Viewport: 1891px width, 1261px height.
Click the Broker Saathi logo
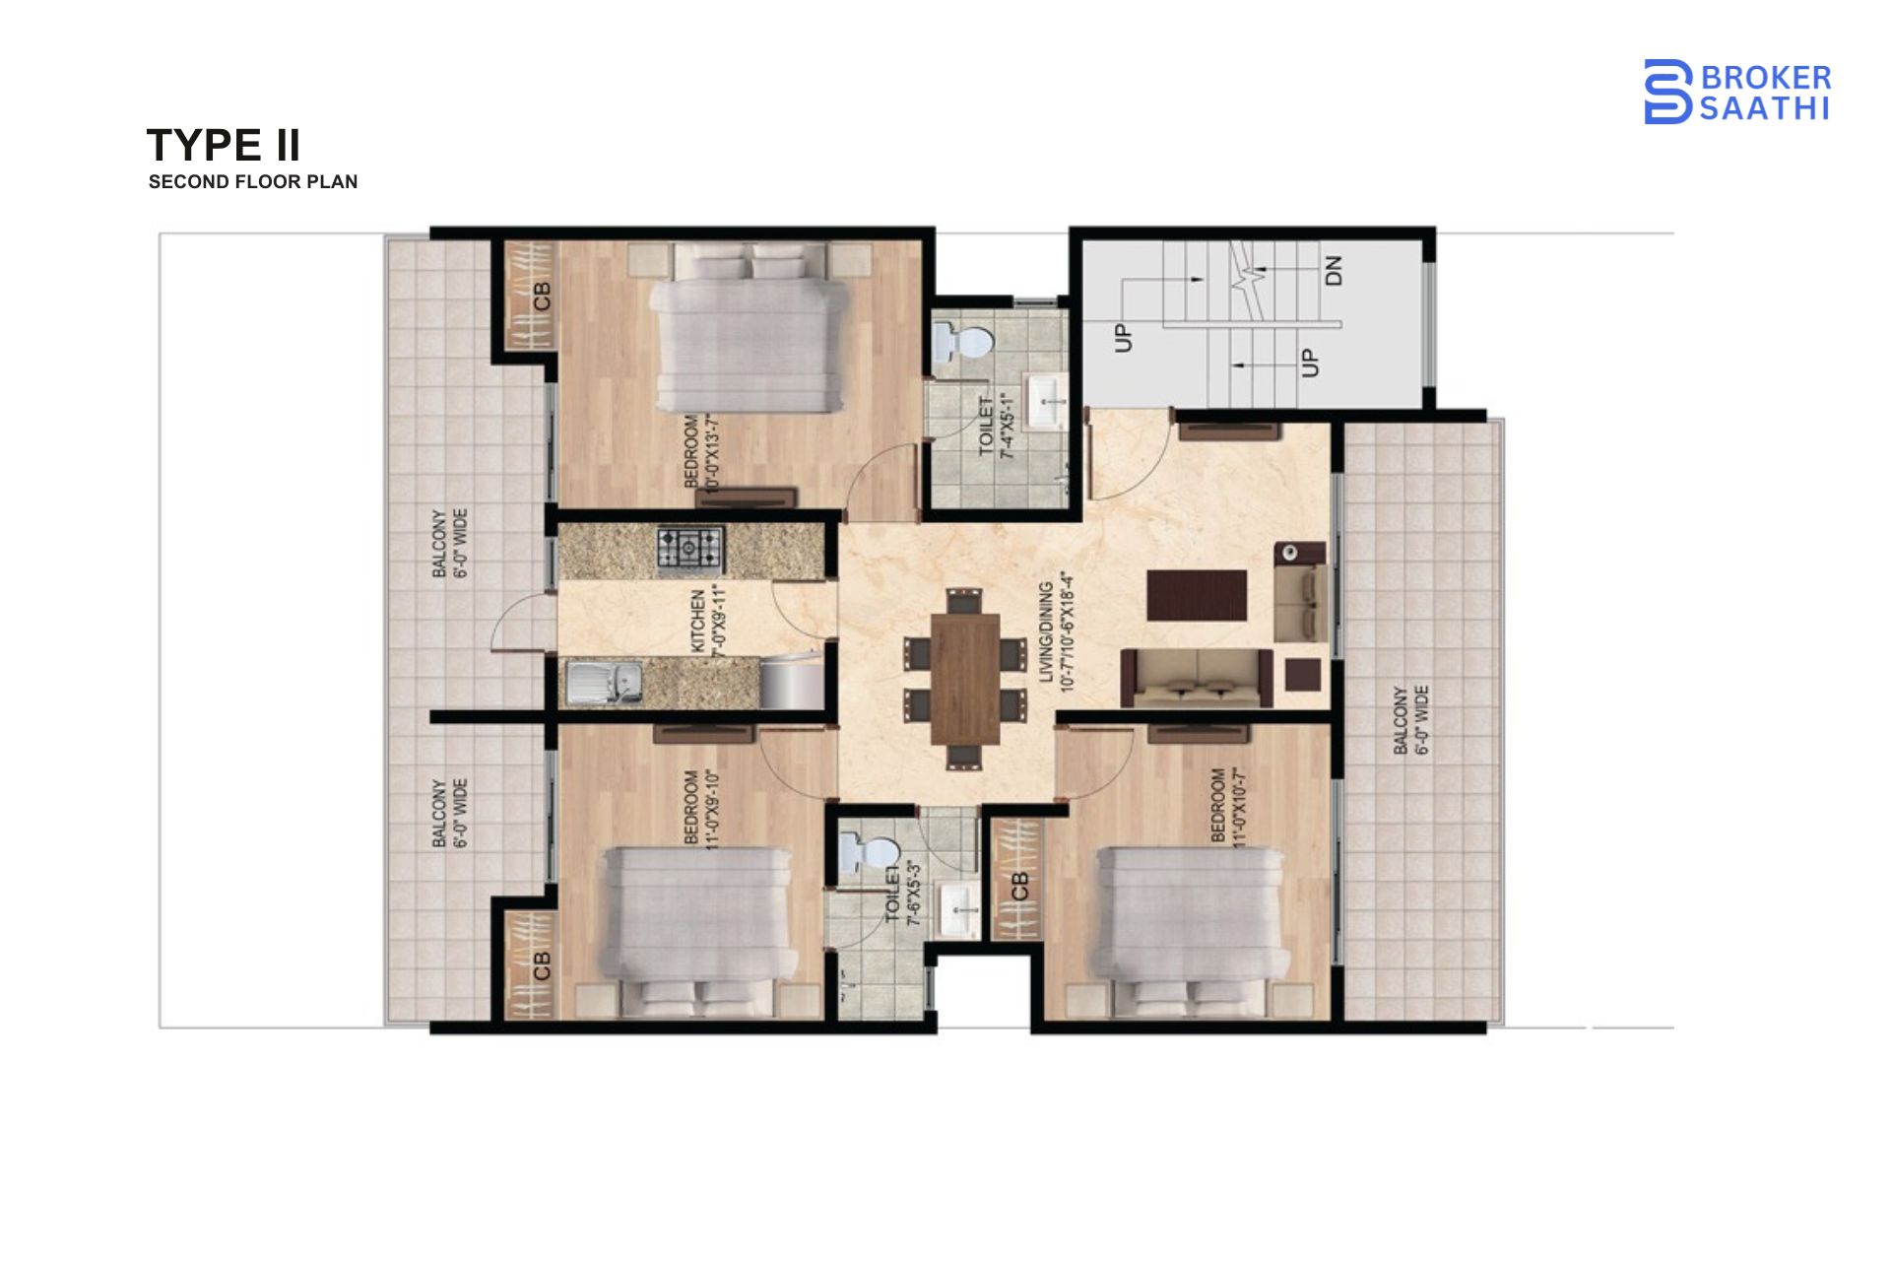point(1736,92)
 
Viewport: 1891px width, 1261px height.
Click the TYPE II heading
point(224,145)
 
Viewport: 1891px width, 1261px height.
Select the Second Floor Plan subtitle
point(253,181)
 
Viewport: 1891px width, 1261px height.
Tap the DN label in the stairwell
point(1334,270)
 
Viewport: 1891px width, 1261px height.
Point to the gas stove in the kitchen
point(690,550)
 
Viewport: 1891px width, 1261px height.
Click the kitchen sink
point(603,682)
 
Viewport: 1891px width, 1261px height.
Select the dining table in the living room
point(964,677)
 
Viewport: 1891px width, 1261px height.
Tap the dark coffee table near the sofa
point(1197,595)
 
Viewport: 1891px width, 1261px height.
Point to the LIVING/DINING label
point(1056,630)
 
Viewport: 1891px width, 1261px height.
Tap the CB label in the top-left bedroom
point(542,295)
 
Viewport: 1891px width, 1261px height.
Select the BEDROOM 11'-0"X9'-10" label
point(702,807)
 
